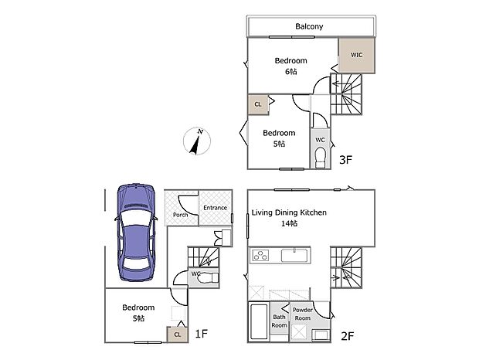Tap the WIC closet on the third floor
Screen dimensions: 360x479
[356, 56]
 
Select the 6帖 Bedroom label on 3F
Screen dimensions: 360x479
[290, 66]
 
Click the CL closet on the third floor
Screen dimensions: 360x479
[257, 104]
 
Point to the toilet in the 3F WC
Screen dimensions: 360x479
[320, 157]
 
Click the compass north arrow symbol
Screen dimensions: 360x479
[198, 141]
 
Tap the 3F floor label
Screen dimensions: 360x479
[346, 161]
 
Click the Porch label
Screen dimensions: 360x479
[180, 215]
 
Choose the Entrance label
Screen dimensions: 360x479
[215, 207]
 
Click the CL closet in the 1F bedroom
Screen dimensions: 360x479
[177, 334]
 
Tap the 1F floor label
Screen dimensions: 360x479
[201, 334]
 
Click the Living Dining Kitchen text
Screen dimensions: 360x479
[289, 212]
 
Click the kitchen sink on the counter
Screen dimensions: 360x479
[295, 255]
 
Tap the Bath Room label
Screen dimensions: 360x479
[279, 321]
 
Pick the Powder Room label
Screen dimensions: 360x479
[302, 314]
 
